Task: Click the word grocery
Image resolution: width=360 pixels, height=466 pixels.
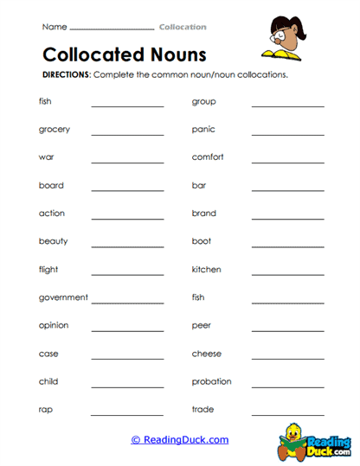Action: pyautogui.click(x=55, y=130)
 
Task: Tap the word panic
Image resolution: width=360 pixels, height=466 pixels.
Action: pyautogui.click(x=203, y=130)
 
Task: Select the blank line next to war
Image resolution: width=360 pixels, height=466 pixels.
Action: pyautogui.click(x=127, y=162)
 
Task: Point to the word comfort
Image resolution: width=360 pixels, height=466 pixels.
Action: pyautogui.click(x=208, y=157)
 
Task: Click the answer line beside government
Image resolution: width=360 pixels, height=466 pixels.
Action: pyautogui.click(x=127, y=302)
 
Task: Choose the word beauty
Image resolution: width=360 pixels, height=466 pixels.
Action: pyautogui.click(x=53, y=241)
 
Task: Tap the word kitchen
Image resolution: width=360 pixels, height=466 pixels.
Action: pyautogui.click(x=206, y=270)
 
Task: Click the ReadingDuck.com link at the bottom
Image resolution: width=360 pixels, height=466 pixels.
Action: pyautogui.click(x=180, y=440)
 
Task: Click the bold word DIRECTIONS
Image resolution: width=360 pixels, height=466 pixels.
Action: pyautogui.click(x=67, y=75)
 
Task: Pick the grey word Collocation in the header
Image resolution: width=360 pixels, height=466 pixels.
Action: pyautogui.click(x=183, y=27)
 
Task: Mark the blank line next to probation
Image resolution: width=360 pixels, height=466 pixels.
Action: pyautogui.click(x=287, y=386)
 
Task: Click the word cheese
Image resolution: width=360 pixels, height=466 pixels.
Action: pyautogui.click(x=206, y=354)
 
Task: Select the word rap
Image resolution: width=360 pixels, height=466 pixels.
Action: pyautogui.click(x=47, y=410)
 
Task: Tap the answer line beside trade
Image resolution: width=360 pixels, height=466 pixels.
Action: pyautogui.click(x=287, y=414)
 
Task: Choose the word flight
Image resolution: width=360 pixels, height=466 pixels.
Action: pyautogui.click(x=48, y=270)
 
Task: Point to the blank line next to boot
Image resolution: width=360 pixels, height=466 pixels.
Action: pyautogui.click(x=287, y=246)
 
